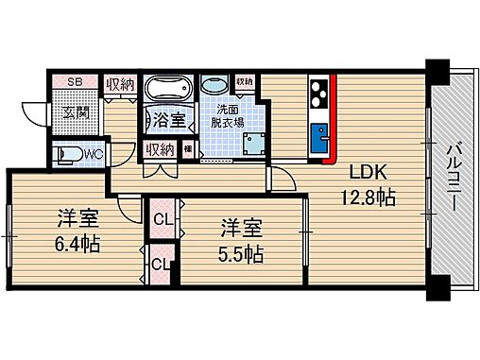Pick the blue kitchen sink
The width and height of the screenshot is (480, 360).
pos(317,131)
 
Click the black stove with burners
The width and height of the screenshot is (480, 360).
pos(317,94)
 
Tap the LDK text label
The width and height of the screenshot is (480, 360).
pos(369,174)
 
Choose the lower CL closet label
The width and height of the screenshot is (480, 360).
pos(159,265)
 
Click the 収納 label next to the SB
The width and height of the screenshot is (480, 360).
pos(118,83)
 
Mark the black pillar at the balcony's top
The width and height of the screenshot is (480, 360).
pos(437,69)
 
